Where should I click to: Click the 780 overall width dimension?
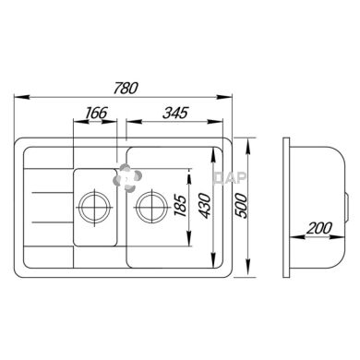click(126, 88)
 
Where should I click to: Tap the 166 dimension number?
click(96, 113)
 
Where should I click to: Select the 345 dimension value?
click(175, 113)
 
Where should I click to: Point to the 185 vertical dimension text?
click(180, 206)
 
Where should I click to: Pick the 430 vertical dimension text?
click(205, 206)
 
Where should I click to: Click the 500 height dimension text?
click(241, 206)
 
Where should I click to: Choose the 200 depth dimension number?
click(319, 228)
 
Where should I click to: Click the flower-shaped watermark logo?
click(127, 177)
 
